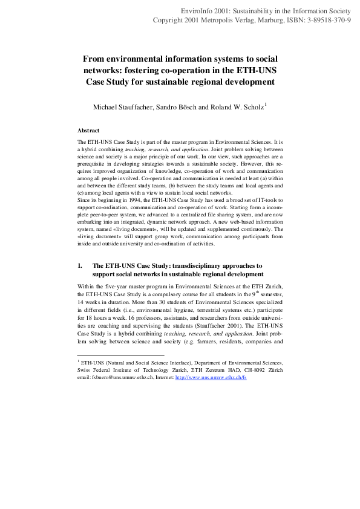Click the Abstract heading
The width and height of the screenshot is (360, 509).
[x=88, y=130]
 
